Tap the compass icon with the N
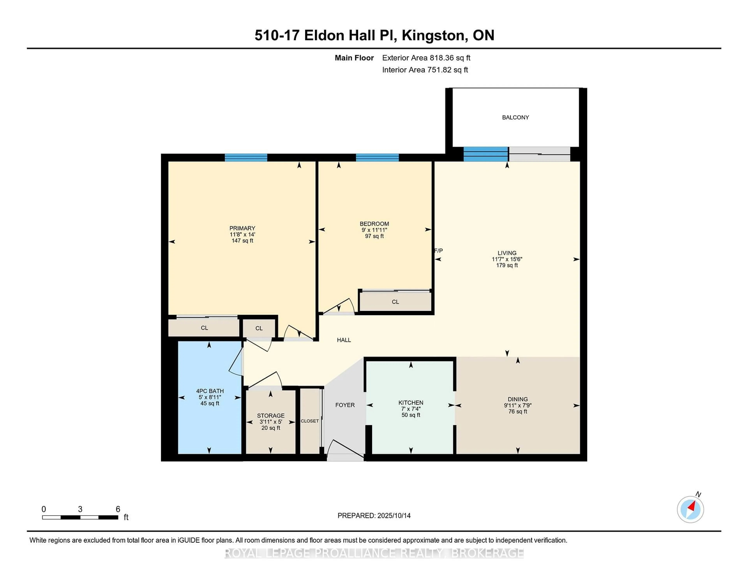click(690, 509)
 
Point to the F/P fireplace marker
click(438, 251)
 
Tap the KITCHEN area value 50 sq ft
click(411, 415)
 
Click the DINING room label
click(518, 399)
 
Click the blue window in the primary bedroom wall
click(246, 158)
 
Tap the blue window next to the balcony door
click(485, 154)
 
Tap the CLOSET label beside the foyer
click(310, 421)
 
